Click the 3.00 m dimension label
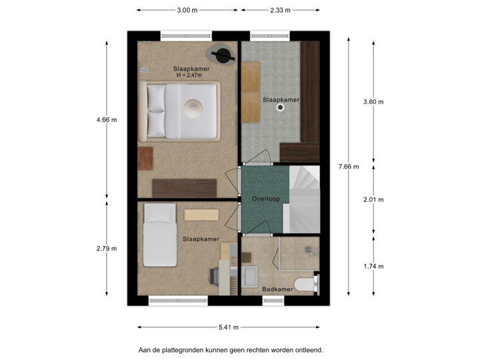coord(187,11)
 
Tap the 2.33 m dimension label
coord(279,11)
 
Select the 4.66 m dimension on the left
coord(107,120)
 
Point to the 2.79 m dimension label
coord(107,249)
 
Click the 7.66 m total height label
coord(349,166)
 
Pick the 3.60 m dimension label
coord(373,102)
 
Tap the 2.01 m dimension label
coord(373,199)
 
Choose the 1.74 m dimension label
coord(373,266)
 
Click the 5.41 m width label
coord(228,327)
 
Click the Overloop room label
coord(265,199)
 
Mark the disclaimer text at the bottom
coord(230,349)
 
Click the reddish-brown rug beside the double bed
coord(145,158)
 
